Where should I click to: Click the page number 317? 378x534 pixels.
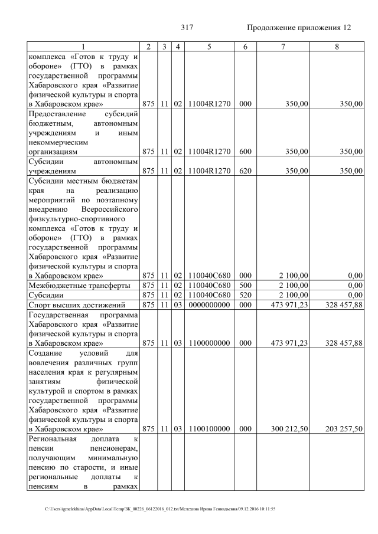(x=187, y=28)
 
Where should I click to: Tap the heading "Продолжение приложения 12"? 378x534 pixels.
(x=298, y=28)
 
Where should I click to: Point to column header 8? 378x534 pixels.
(x=336, y=47)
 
